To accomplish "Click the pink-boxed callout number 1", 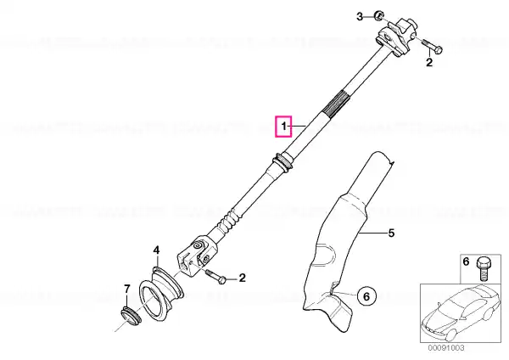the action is click(x=284, y=126).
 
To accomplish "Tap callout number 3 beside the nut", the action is click(x=360, y=16).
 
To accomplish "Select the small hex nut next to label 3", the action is click(x=378, y=15).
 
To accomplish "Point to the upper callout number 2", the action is click(x=429, y=62).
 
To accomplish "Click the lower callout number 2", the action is click(x=242, y=278).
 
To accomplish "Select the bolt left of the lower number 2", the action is click(x=216, y=277).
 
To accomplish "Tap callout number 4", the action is click(x=156, y=250).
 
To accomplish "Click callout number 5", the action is click(x=391, y=233).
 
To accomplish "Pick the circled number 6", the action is click(x=366, y=296).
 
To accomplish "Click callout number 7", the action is click(x=127, y=289).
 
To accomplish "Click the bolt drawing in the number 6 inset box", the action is click(x=484, y=268).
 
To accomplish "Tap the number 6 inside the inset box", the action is click(x=466, y=262).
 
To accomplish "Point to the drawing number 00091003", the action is click(x=446, y=348).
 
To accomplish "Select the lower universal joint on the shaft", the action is click(x=193, y=256).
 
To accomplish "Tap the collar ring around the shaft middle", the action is click(x=283, y=161).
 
